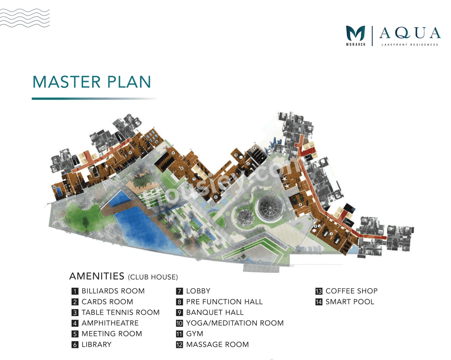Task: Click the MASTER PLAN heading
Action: click(92, 82)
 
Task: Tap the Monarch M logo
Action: click(355, 34)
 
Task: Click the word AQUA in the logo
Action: click(410, 33)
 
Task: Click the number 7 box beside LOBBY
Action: click(179, 291)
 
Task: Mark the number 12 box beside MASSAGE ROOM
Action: click(179, 345)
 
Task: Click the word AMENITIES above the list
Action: click(97, 276)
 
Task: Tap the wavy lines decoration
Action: click(25, 18)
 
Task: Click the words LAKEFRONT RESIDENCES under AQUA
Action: click(410, 45)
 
